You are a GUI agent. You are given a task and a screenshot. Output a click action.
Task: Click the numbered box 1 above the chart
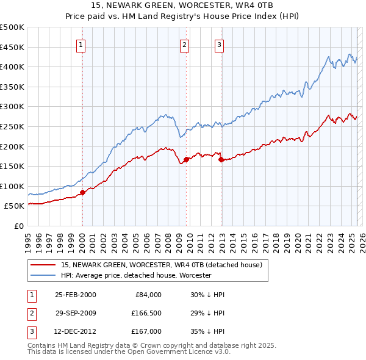(82, 44)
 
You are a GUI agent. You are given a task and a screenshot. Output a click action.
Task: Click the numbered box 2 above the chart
(184, 44)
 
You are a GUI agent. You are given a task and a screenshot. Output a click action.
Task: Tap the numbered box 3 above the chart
(219, 44)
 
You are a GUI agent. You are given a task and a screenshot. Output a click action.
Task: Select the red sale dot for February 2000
(82, 193)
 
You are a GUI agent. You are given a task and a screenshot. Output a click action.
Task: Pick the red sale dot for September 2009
(186, 160)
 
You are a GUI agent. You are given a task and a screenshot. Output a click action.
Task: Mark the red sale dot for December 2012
(221, 160)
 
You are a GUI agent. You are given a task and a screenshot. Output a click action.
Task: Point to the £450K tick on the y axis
(12, 47)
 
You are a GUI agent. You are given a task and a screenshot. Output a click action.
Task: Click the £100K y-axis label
(12, 186)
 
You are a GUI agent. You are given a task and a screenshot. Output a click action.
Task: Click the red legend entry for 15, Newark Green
(161, 265)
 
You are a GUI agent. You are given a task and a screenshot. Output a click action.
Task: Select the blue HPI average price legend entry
(135, 276)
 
